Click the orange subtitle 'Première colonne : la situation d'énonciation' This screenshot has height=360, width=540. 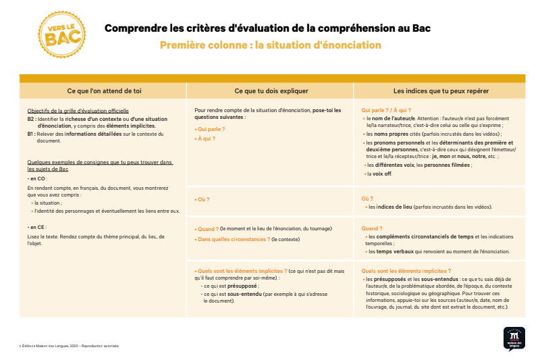(271, 45)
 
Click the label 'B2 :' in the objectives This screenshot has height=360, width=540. (32, 118)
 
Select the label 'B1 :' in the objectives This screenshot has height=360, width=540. (32, 134)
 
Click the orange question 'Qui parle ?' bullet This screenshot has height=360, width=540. (210, 128)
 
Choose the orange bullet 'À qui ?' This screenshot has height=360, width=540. (205, 138)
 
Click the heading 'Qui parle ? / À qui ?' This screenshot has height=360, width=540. (387, 109)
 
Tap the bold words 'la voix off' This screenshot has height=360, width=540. (379, 174)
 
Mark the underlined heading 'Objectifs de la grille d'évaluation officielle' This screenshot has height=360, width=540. (78, 111)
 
